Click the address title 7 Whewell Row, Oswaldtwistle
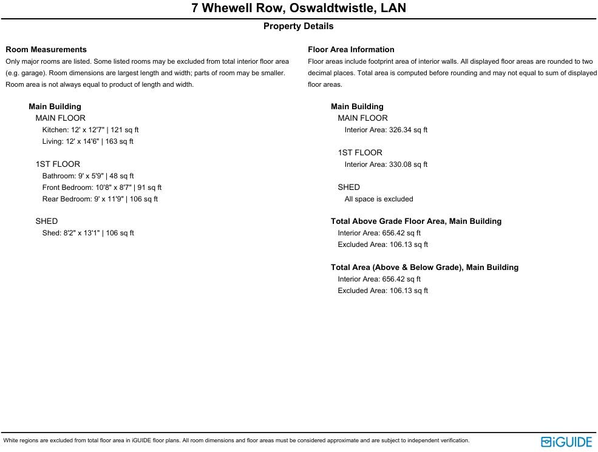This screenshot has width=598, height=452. (299, 8)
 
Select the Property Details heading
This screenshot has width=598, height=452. (298, 26)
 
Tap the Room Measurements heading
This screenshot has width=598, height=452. (46, 50)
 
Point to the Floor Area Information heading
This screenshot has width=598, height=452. (351, 50)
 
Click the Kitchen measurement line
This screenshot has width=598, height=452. (90, 130)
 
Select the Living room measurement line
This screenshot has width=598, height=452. (88, 141)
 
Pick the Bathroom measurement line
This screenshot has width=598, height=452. (88, 176)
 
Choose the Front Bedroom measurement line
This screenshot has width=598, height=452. (102, 187)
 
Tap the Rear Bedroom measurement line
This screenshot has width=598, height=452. (100, 199)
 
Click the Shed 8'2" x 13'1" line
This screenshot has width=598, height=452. (88, 233)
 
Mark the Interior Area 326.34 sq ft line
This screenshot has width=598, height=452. (386, 130)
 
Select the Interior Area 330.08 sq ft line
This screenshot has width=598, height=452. (386, 164)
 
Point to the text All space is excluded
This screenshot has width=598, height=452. (379, 199)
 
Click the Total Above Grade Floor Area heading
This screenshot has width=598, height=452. (416, 221)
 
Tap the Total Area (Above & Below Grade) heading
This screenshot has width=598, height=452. (424, 268)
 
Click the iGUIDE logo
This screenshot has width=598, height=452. (566, 442)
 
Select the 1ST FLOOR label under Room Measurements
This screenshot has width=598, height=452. (58, 164)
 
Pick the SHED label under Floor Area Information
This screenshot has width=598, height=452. (349, 187)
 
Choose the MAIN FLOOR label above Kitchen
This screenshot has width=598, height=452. (61, 118)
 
